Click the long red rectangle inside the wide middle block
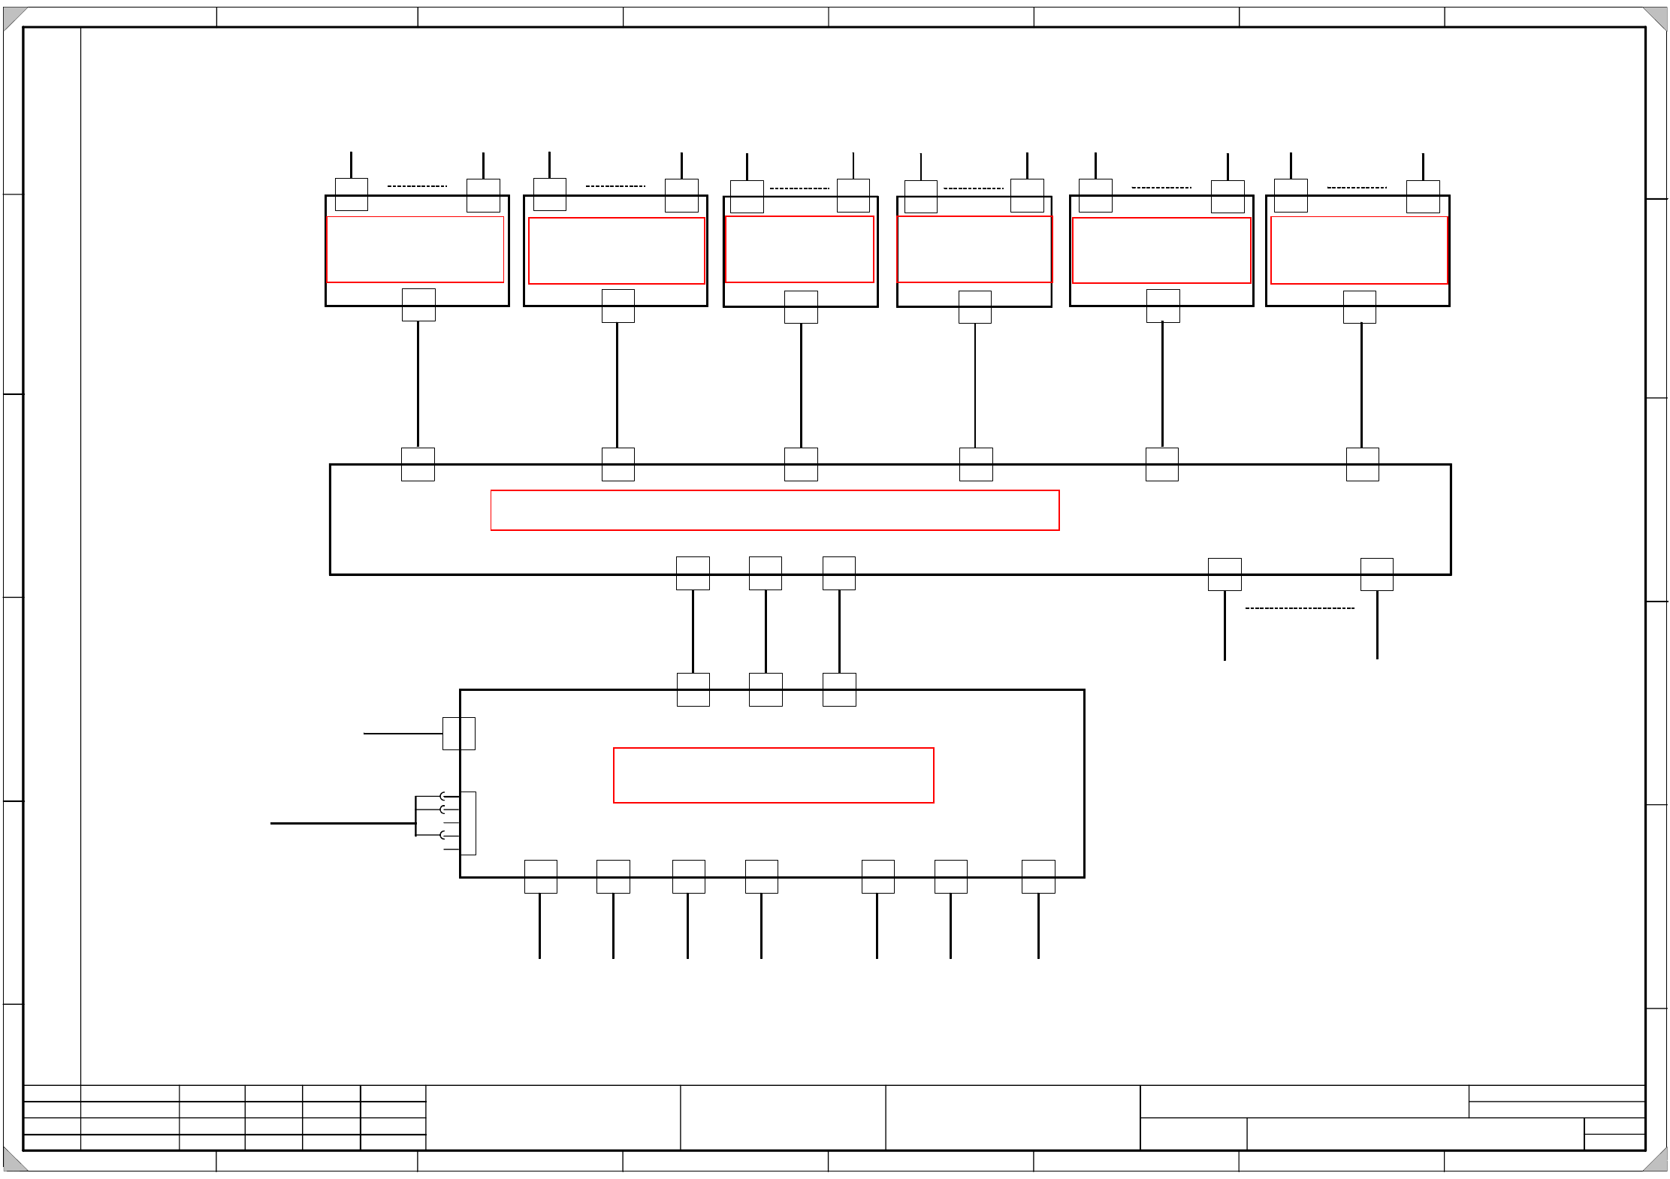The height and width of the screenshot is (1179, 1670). click(775, 510)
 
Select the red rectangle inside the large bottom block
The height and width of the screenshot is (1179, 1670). click(773, 775)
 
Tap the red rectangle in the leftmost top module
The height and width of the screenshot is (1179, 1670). click(415, 249)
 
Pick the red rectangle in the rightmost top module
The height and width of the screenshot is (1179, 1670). click(1358, 250)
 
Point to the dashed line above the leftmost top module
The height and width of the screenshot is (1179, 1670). click(417, 186)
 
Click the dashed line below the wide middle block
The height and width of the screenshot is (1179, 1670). click(1300, 608)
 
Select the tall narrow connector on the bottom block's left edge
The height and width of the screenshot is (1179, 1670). click(468, 823)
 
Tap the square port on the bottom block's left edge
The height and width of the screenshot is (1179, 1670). click(458, 734)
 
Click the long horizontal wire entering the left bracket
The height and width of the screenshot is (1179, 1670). click(342, 823)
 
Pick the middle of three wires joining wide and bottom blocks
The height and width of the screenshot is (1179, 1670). click(766, 631)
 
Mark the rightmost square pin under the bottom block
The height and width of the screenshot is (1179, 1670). click(1038, 876)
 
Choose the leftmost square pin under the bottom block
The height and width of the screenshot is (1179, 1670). click(540, 876)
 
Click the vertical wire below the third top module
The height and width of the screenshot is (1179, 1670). click(801, 384)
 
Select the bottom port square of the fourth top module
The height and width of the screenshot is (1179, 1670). click(975, 307)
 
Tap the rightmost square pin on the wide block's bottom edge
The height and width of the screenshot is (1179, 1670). click(1376, 574)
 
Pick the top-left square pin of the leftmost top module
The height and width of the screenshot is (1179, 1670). click(351, 194)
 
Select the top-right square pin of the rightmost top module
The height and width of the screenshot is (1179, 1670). click(1423, 197)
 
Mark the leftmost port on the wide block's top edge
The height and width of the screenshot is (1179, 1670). click(418, 464)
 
